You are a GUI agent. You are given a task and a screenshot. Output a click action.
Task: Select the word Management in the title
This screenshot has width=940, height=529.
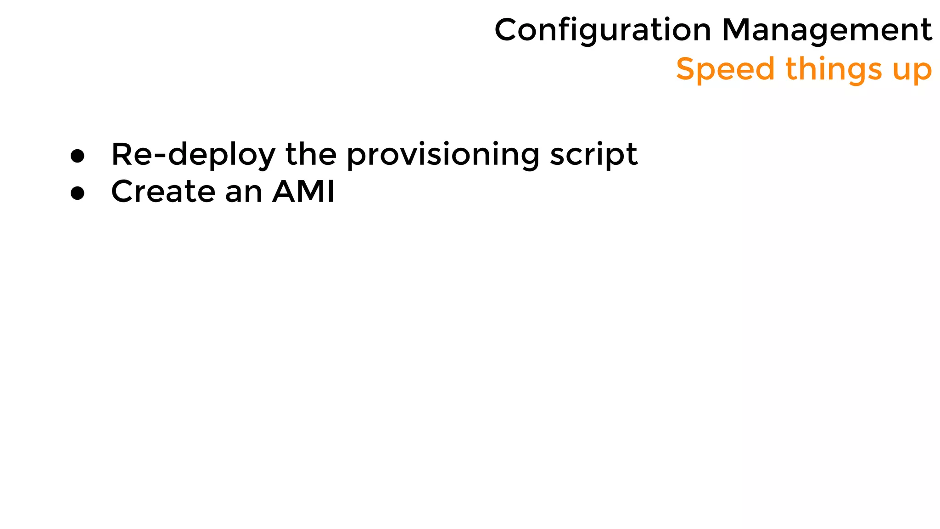[x=827, y=30]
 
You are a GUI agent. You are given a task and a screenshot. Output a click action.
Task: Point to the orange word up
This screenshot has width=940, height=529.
[x=912, y=71]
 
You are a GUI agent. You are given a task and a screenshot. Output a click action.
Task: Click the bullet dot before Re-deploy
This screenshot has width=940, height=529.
[x=78, y=156]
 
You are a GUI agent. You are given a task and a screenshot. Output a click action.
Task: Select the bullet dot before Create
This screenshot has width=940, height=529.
[x=78, y=193]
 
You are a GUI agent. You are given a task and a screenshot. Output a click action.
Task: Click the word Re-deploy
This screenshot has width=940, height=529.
[x=193, y=155]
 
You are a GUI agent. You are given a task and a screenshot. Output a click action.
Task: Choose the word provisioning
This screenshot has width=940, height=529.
[x=442, y=155]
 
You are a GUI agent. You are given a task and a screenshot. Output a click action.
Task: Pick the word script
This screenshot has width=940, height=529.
[x=593, y=155]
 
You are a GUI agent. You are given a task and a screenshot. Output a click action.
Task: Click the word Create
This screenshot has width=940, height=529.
[x=163, y=191]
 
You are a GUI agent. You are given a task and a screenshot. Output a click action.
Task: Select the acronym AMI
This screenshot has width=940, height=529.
[x=303, y=191]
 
